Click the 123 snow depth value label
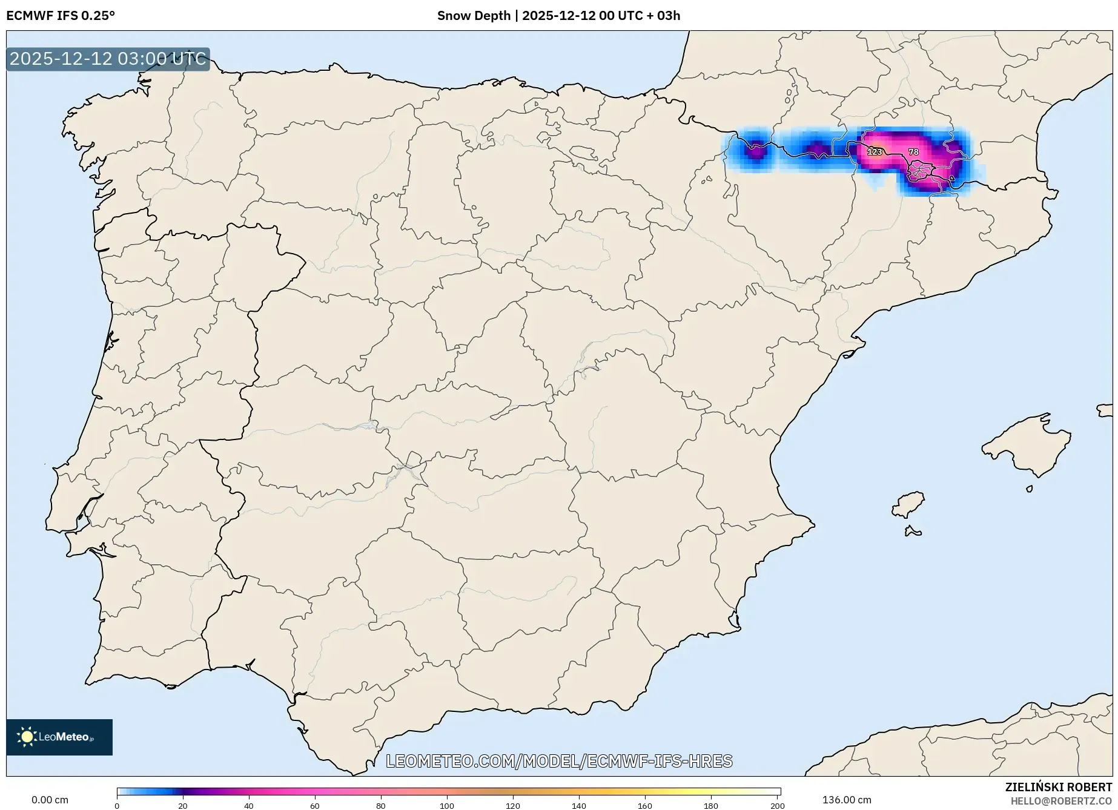875,152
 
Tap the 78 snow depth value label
913,152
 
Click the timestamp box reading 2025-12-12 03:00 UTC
108,59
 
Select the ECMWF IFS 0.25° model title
61,16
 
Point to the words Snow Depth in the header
474,16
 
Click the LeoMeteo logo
59,737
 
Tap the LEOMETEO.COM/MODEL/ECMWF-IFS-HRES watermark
559,761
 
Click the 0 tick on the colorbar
117,805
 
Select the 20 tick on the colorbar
183,805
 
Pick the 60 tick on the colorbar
315,805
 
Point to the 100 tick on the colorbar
447,805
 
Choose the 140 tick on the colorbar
579,805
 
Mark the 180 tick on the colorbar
711,805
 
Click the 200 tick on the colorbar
778,805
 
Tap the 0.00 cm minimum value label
50,800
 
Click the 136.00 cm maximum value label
847,800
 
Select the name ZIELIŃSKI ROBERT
1059,788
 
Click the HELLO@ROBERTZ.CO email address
1061,801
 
